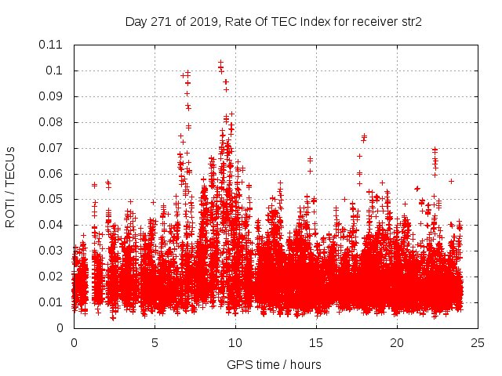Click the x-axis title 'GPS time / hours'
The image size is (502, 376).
click(x=274, y=364)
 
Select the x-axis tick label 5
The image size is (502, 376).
click(x=155, y=342)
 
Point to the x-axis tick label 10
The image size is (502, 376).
click(x=235, y=342)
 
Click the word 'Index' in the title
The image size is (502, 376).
click(x=308, y=21)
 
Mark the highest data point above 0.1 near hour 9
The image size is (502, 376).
click(x=220, y=62)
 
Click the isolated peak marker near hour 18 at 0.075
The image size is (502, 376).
click(x=364, y=136)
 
